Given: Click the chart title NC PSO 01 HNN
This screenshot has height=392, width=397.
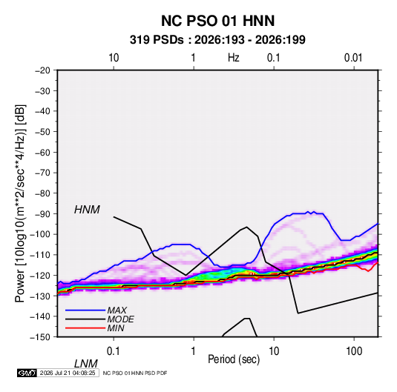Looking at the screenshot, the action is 217,21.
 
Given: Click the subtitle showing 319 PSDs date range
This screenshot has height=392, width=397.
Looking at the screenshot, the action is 217,40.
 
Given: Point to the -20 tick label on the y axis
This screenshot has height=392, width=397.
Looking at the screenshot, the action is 42,70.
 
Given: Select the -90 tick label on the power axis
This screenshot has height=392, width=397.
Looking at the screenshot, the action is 42,214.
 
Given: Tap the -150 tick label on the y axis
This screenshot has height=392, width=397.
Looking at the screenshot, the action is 40,337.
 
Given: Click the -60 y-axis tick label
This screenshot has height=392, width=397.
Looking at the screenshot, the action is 42,153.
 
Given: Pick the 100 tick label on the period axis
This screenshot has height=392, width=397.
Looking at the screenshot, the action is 354,351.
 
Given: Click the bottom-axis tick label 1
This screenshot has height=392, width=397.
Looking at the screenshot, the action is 194,351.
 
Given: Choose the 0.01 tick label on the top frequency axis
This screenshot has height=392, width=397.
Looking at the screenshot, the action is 353,58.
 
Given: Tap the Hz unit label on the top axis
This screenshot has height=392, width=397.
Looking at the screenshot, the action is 234,58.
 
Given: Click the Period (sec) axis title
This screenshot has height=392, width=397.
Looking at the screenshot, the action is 234,359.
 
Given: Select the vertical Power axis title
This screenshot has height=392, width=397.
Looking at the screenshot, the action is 20,203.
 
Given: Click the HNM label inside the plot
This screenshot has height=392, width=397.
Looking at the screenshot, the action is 87,210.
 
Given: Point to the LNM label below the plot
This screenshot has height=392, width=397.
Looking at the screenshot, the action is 85,364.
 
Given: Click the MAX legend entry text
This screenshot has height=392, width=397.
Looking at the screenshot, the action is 117,310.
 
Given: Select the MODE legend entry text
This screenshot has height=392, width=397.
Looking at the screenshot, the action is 120,319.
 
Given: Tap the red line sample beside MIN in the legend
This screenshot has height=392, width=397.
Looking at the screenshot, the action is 85,328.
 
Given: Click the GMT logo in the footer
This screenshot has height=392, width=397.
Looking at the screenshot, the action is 27,373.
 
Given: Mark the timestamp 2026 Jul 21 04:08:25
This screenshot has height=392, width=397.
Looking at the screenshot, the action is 68,373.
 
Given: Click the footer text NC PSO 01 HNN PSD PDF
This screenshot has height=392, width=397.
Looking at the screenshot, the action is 135,373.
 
